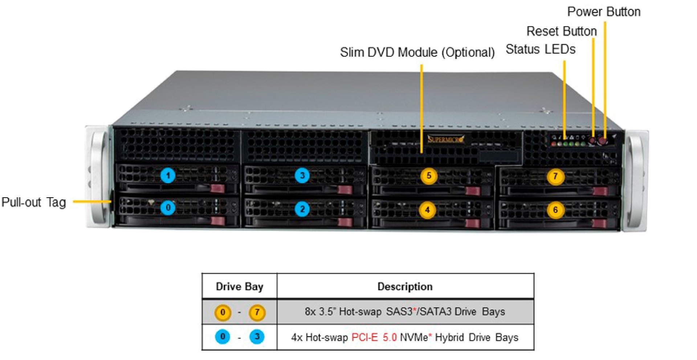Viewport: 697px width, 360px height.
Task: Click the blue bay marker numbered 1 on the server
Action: coord(168,176)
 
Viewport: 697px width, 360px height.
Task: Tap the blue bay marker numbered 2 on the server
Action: coord(302,209)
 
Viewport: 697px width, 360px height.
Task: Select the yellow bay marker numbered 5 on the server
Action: coord(429,176)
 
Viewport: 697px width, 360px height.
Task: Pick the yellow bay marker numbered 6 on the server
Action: coord(555,210)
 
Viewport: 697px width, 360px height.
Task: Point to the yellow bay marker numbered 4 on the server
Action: coord(427,210)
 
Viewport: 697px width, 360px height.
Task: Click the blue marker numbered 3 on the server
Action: coord(302,176)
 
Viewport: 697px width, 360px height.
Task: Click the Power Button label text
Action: coord(604,12)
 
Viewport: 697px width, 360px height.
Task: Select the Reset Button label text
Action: coord(561,31)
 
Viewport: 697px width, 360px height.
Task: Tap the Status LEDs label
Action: coord(540,49)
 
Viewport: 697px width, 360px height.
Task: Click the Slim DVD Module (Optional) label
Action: coord(417,52)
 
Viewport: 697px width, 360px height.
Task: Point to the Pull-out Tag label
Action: coord(34,202)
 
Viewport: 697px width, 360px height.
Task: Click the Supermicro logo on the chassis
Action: coord(445,139)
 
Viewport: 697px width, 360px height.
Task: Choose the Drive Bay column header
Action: coord(239,287)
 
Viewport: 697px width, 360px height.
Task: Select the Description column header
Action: coord(405,287)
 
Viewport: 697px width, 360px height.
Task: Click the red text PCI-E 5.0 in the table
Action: coord(374,337)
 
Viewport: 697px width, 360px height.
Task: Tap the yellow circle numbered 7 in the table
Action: coord(257,312)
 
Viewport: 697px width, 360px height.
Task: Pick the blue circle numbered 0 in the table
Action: coord(223,337)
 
